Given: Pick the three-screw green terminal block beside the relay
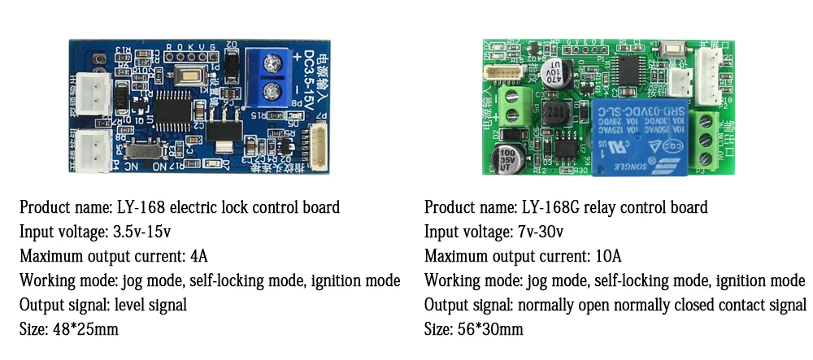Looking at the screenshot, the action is click(706, 142).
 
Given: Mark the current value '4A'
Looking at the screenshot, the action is click(198, 256).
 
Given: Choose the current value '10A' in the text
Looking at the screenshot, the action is click(606, 256).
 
